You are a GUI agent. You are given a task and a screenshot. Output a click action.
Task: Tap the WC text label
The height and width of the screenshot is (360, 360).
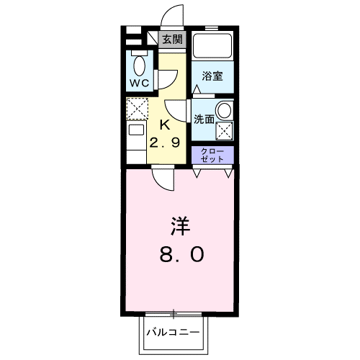(139, 83)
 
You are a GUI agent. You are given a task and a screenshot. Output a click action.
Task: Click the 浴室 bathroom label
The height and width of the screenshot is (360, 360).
(212, 75)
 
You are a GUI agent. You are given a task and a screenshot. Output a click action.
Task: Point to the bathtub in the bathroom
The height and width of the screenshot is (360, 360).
(213, 48)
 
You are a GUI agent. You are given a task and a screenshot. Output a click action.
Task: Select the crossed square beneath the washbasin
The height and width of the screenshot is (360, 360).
(225, 132)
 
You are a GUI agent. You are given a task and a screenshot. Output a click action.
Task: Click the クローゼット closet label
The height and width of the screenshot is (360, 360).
(212, 155)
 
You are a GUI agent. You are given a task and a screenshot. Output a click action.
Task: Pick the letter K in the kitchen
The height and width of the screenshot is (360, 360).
(163, 123)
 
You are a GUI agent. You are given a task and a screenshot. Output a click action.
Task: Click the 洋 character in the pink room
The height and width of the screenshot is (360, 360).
(180, 228)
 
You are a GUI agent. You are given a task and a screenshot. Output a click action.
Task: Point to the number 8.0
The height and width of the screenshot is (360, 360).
(180, 253)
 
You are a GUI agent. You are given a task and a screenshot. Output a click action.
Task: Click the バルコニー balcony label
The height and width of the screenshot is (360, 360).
(174, 333)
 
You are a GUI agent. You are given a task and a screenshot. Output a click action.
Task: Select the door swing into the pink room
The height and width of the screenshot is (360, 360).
(163, 179)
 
